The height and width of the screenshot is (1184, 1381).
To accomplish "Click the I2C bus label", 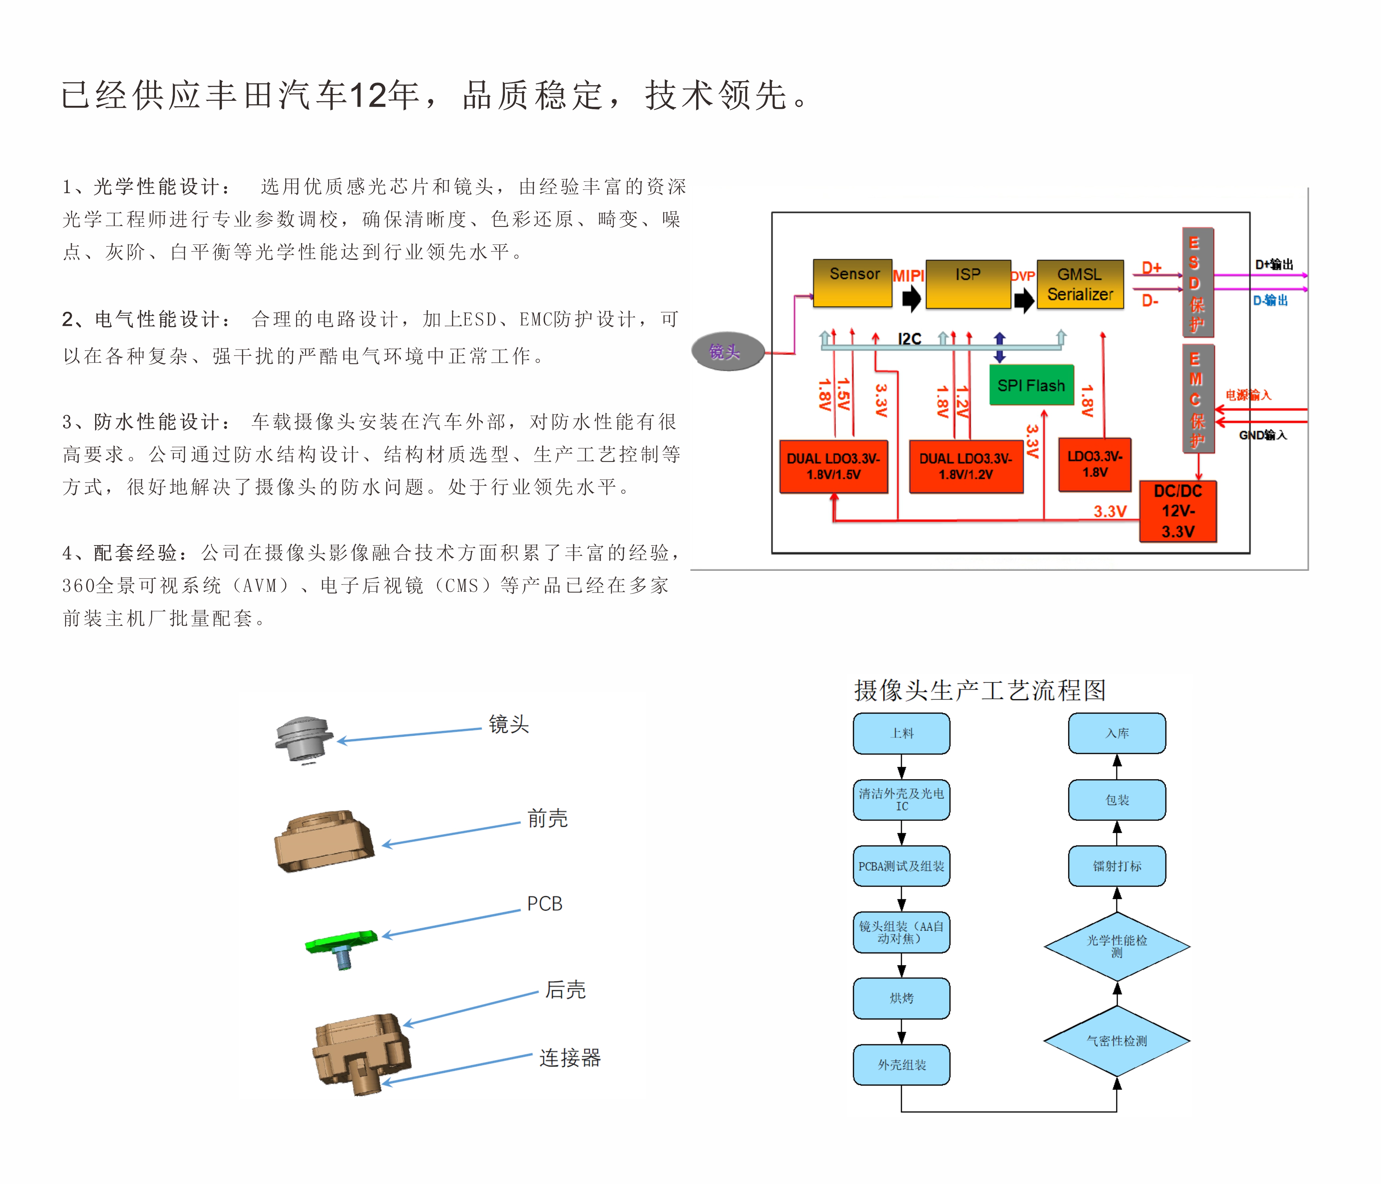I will [x=909, y=339].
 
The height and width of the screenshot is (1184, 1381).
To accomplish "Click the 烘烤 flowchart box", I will [x=901, y=998].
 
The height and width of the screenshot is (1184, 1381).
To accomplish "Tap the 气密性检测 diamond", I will [x=1116, y=1041].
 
